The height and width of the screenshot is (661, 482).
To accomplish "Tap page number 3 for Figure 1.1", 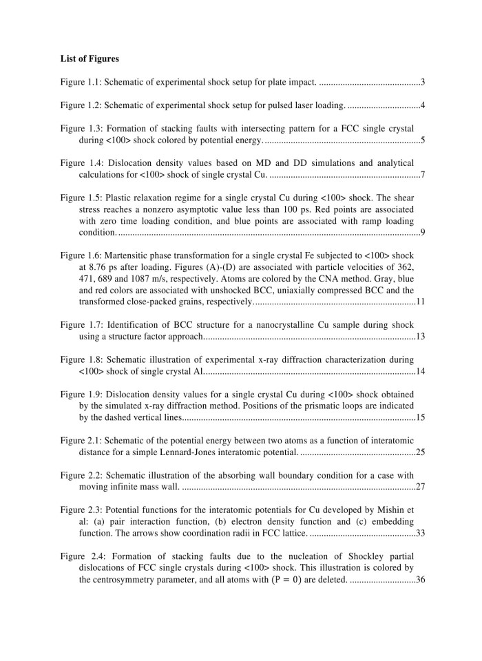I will coord(422,83).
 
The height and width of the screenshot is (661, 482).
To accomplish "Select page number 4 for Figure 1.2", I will coord(422,105).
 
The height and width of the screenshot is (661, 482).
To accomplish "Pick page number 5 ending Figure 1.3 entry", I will coord(422,140).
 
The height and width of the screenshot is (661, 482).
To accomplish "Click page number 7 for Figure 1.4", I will coord(422,174).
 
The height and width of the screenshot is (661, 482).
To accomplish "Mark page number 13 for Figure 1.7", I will coord(420,337).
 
